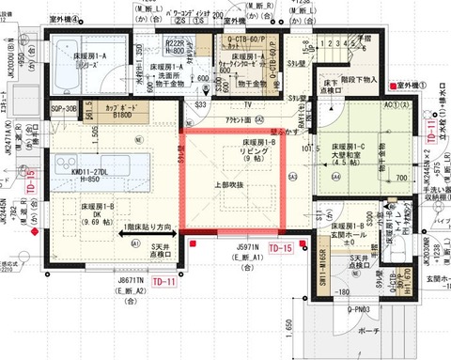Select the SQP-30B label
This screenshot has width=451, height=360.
pyautogui.click(x=66, y=109)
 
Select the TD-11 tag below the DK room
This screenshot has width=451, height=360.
pyautogui.click(x=165, y=281)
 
